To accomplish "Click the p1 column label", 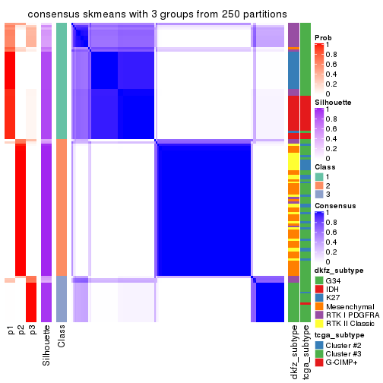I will [x=11, y=330].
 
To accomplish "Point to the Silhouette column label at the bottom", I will [x=46, y=342].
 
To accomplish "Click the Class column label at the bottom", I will [x=62, y=334].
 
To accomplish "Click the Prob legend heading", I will [x=324, y=37].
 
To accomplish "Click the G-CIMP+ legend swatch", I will [x=318, y=364].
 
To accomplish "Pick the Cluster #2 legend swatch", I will [x=318, y=344].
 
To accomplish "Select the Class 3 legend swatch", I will [x=318, y=195].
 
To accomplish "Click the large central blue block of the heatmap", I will [x=203, y=209].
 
